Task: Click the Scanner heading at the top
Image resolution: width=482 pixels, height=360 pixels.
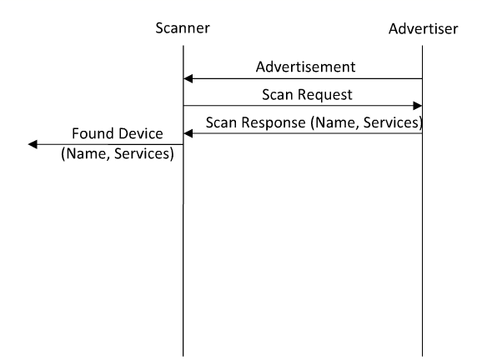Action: pos(183,28)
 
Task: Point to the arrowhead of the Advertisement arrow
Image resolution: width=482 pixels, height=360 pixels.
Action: pos(188,78)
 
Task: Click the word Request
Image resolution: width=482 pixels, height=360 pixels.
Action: pos(318,94)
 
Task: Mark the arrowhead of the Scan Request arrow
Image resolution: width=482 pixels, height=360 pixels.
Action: pos(417,106)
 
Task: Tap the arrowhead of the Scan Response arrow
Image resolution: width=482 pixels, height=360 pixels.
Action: pos(188,133)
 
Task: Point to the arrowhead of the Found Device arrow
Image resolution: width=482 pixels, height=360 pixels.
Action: pos(33,145)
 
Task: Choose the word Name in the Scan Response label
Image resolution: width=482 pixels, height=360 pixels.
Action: pos(334,122)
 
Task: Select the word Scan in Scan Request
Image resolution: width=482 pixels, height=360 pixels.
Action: pos(276,94)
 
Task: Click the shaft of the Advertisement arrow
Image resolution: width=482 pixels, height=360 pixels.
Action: pos(309,78)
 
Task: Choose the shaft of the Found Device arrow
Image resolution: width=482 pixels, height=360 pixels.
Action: pos(108,145)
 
